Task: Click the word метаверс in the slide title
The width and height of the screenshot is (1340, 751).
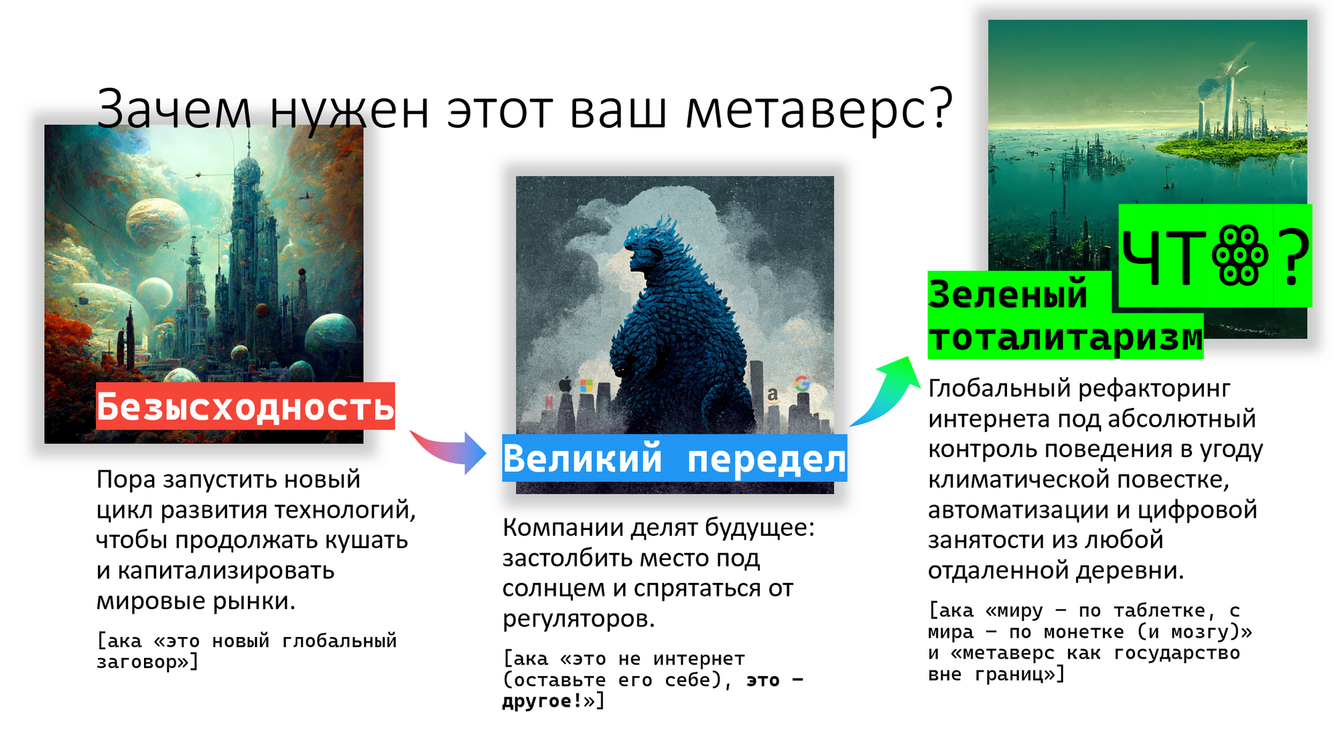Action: tap(819, 109)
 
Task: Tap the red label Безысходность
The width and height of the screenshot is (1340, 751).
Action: tap(245, 406)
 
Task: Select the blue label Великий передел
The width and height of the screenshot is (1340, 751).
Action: tap(675, 458)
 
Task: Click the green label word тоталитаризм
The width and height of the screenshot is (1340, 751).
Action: tap(1065, 337)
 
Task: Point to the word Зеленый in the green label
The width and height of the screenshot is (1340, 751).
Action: tap(1008, 294)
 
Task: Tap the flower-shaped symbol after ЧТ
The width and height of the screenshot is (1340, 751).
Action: tap(1239, 256)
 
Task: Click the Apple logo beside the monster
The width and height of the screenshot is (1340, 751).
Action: tap(565, 384)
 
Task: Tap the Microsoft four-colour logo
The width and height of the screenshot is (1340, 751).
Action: tap(586, 386)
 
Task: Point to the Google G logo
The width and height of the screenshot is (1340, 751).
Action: tap(802, 384)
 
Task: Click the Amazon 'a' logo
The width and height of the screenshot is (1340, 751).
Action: tap(773, 395)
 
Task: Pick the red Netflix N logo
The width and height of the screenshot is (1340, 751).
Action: tap(549, 402)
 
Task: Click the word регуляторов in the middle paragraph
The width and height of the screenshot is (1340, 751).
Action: tap(579, 619)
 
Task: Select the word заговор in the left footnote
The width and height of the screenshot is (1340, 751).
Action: tap(137, 662)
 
